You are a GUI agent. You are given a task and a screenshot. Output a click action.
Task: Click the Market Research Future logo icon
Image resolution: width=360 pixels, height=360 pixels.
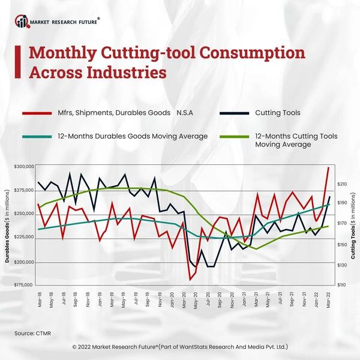(x=23, y=22)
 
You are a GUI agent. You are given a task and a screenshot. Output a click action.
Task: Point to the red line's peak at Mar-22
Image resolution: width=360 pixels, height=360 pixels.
(x=328, y=167)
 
